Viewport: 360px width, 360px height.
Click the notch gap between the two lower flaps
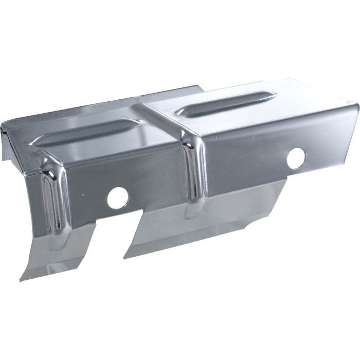point(111,237)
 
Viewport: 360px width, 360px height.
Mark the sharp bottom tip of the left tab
point(21,280)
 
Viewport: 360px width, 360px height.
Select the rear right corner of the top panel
point(293,79)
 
